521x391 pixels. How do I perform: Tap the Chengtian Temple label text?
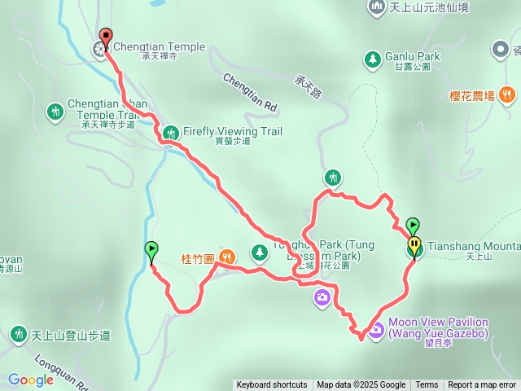coord(159,47)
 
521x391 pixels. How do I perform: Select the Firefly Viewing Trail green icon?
coord(171,132)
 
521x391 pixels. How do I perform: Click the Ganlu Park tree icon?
coord(372,59)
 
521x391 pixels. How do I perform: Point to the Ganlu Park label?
coord(413,57)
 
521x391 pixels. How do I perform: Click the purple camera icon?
coord(322,297)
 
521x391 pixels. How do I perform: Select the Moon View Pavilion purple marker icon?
coord(376,330)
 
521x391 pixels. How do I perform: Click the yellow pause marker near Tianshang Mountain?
coord(414,243)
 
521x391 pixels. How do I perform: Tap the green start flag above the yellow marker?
coord(413,224)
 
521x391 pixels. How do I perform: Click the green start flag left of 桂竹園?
coord(151,249)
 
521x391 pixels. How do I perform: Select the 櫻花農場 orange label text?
coord(472,96)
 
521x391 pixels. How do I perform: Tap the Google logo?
coord(31,380)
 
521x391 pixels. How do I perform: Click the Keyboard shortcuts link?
coord(272,385)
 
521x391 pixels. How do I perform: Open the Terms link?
coord(427,385)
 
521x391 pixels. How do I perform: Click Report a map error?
coord(482,385)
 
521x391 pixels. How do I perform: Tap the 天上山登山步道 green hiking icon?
coord(19,335)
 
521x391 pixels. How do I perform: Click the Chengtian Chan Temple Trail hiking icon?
coord(55,109)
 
